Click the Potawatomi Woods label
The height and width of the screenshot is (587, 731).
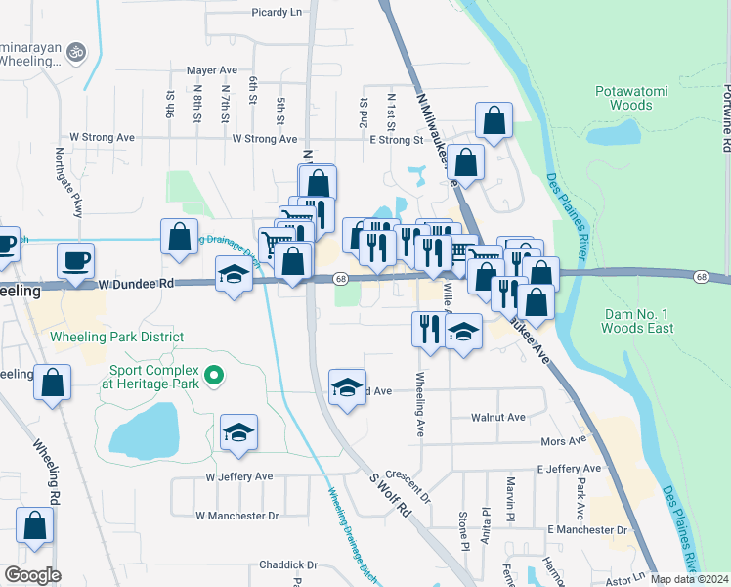[x=631, y=98]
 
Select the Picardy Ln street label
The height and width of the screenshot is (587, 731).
[x=277, y=12]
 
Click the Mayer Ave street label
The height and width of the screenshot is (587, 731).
[x=212, y=70]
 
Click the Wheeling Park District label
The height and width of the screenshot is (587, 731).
[x=116, y=338]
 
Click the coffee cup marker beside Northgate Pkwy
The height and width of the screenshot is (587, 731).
[x=75, y=261]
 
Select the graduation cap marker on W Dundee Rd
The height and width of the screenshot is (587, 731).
[x=234, y=278]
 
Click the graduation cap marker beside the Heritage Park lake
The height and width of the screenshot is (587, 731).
[x=237, y=433]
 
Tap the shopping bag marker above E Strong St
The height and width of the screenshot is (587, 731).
[x=494, y=122]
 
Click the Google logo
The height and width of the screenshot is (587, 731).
[x=32, y=575]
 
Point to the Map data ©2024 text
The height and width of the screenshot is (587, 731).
[x=690, y=579]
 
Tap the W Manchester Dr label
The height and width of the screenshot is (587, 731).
[x=236, y=515]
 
